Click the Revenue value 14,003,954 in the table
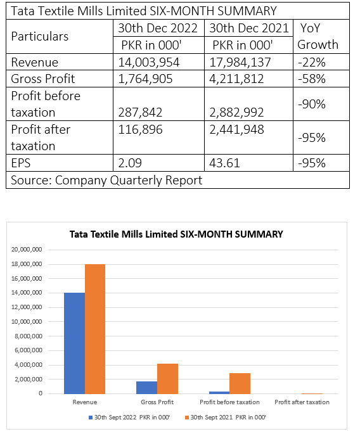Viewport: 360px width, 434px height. pos(149,62)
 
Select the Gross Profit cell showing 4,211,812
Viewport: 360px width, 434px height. pos(236,79)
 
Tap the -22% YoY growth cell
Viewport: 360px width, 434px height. pos(312,62)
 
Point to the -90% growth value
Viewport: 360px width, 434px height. pos(312,105)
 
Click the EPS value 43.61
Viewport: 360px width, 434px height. pos(224,163)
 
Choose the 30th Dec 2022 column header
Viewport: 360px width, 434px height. pos(158,29)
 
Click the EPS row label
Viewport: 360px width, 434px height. pos(21,163)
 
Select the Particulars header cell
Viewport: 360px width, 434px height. pos(39,37)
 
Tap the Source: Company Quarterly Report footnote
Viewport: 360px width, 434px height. pos(106,180)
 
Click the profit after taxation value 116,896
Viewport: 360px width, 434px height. pos(140,129)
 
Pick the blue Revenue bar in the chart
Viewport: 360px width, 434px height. pos(75,343)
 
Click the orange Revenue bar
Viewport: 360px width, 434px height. pos(95,329)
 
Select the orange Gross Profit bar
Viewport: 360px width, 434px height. pos(167,379)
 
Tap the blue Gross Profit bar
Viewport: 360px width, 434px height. pos(147,388)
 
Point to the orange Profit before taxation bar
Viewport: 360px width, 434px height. pos(240,383)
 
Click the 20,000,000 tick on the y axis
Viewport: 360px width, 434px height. pos(27,250)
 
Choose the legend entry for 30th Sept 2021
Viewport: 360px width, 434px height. pos(226,418)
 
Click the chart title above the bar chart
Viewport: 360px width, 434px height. pos(176,234)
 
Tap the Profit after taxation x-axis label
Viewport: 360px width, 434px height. pos(302,402)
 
